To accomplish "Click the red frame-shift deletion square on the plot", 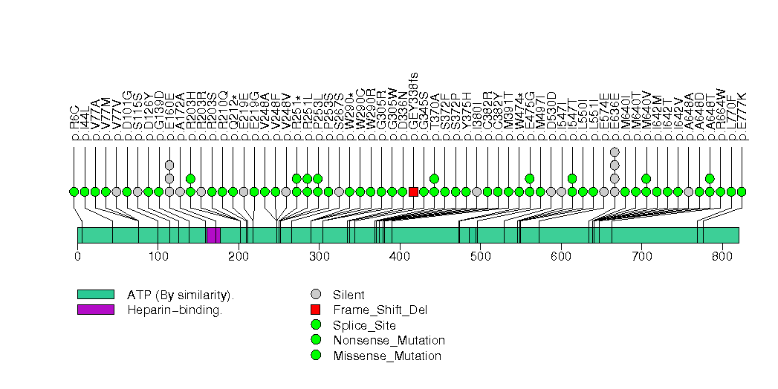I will (413, 192).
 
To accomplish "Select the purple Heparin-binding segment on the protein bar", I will (213, 235).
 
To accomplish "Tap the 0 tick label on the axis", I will (77, 257).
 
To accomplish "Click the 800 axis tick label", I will (722, 257).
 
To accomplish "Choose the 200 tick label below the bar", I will (239, 257).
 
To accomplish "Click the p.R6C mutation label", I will (74, 123).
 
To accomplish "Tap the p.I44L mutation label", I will (85, 123).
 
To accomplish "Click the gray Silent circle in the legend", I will (317, 295).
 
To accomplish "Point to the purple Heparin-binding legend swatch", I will (95, 310).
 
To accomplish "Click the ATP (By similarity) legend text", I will (181, 295).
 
